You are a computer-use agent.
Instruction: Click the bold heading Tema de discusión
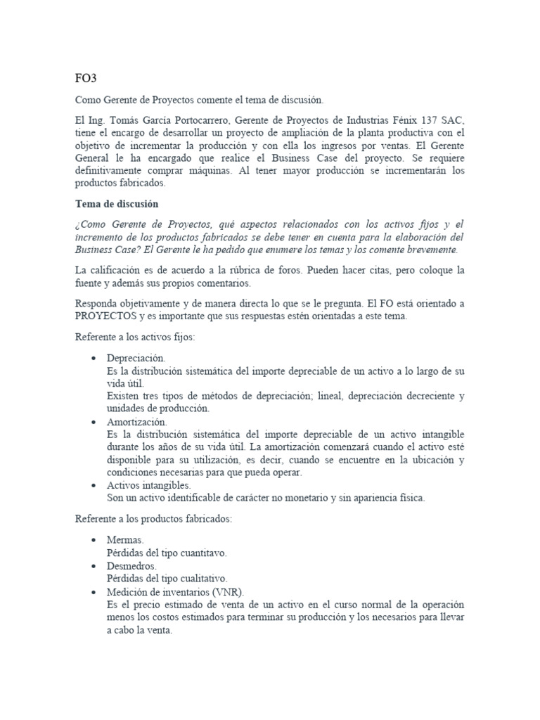pyautogui.click(x=117, y=204)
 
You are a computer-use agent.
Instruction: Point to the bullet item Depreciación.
pyautogui.click(x=136, y=358)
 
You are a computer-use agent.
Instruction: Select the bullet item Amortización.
pyautogui.click(x=137, y=422)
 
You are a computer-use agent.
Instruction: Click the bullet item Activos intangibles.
pyautogui.click(x=148, y=485)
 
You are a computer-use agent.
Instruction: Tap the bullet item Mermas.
pyautogui.click(x=125, y=540)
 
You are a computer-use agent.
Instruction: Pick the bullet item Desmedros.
pyautogui.click(x=131, y=566)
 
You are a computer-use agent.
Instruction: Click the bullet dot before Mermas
pyautogui.click(x=94, y=541)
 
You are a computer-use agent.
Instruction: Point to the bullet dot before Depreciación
pyautogui.click(x=94, y=359)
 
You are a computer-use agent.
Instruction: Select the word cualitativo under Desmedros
pyautogui.click(x=200, y=579)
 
